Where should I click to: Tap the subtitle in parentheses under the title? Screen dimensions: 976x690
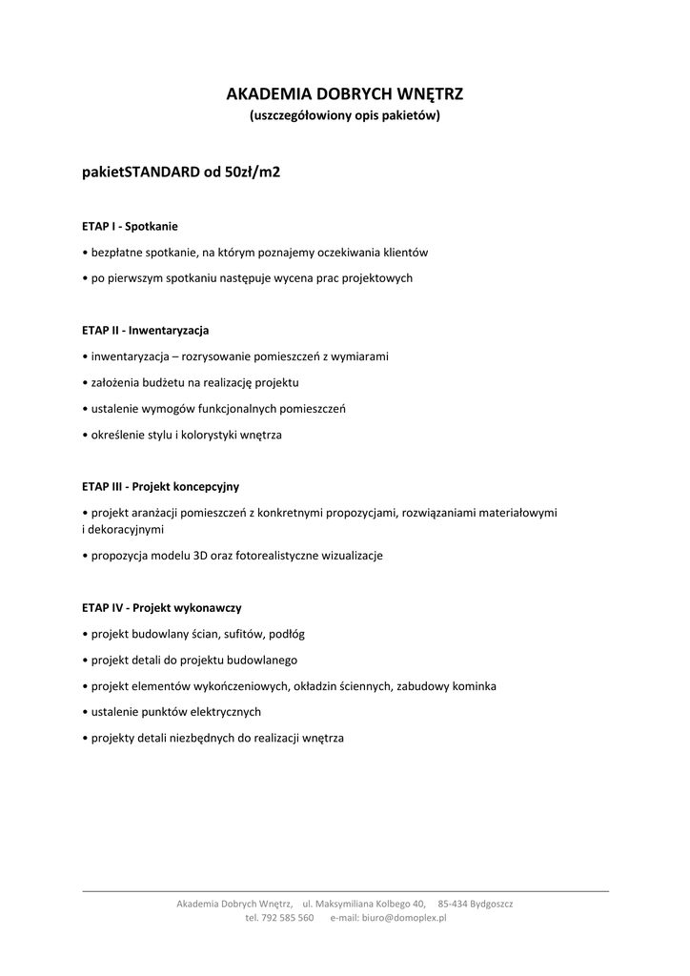344,116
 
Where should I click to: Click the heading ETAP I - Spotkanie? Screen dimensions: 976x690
130,227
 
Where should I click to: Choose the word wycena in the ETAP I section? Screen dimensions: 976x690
304,278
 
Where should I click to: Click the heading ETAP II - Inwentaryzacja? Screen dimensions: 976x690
146,331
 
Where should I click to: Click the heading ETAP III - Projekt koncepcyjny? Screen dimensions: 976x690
160,486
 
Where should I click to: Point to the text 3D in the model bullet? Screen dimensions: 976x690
199,556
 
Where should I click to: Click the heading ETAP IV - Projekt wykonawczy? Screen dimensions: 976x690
161,607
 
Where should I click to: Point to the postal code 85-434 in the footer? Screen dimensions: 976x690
454,903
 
